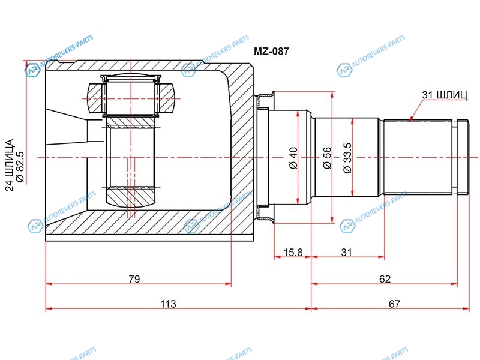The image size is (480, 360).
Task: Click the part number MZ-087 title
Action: click(x=271, y=51)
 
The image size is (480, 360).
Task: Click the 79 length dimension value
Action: click(x=134, y=279)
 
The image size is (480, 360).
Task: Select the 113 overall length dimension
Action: click(x=168, y=304)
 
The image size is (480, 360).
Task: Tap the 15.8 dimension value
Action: click(x=293, y=252)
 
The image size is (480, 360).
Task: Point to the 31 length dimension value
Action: click(x=346, y=252)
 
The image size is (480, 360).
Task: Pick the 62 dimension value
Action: click(x=385, y=279)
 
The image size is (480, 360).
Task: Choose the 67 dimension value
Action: click(x=394, y=304)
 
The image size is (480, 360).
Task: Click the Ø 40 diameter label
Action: click(x=293, y=158)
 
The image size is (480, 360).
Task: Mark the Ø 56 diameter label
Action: click(x=327, y=158)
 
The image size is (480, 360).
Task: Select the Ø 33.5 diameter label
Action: click(x=347, y=158)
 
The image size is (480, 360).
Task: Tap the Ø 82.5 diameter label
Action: click(x=20, y=167)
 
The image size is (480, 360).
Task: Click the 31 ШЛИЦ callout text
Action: click(x=445, y=95)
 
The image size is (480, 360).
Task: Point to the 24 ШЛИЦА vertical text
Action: click(x=10, y=166)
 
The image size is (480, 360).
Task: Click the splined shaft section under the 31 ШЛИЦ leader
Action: click(x=418, y=157)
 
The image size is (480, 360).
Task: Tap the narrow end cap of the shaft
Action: click(x=463, y=157)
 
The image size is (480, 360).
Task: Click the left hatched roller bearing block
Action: click(x=95, y=98)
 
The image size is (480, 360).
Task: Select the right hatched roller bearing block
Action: click(x=166, y=98)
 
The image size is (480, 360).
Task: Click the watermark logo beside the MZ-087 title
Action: click(x=188, y=70)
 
